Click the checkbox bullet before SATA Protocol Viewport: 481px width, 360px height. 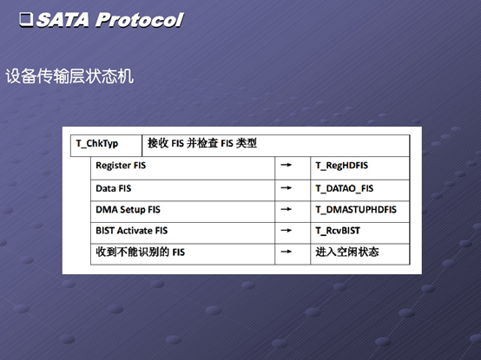26,20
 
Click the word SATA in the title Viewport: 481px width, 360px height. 63,20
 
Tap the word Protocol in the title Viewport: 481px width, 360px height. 140,20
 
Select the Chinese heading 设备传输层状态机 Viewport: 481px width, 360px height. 69,76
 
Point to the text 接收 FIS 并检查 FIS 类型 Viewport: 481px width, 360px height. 202,143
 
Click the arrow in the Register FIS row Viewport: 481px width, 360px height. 287,165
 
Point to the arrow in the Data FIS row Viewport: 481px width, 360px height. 287,188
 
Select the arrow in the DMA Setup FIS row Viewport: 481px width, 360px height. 287,209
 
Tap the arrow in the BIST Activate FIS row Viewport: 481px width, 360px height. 287,231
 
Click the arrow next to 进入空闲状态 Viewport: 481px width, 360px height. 287,252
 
